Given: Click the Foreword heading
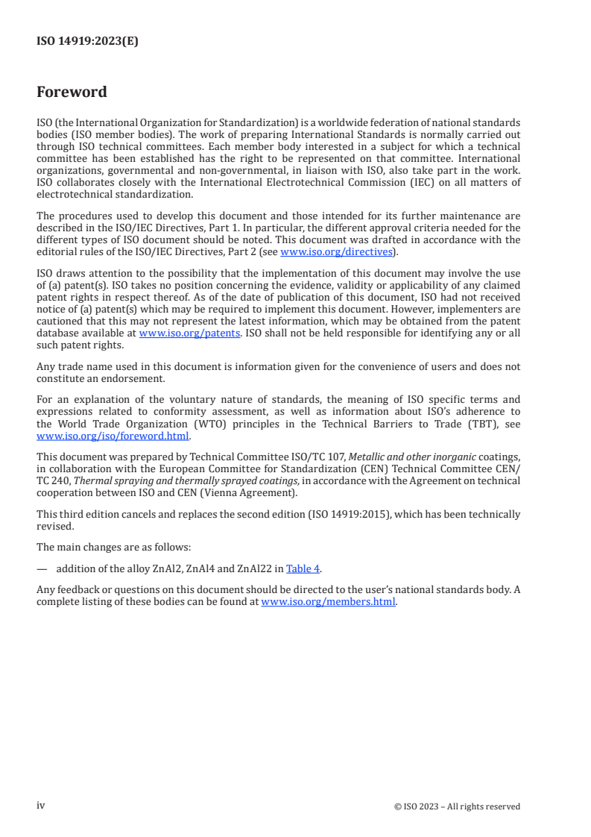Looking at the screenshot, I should pyautogui.click(x=72, y=93).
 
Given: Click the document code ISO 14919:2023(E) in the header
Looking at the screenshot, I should pyautogui.click(x=87, y=42).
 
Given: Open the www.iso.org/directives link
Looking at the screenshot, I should pyautogui.click(x=336, y=252).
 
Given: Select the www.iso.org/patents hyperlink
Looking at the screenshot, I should pyautogui.click(x=189, y=333).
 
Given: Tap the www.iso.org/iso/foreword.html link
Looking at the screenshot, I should pyautogui.click(x=113, y=436).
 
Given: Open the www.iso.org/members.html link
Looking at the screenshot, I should pyautogui.click(x=328, y=602).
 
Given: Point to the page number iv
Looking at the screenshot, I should pyautogui.click(x=41, y=806).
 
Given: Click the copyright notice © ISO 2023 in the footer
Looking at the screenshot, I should pyautogui.click(x=457, y=806).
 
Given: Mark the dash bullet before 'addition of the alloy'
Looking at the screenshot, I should pyautogui.click(x=42, y=568).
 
